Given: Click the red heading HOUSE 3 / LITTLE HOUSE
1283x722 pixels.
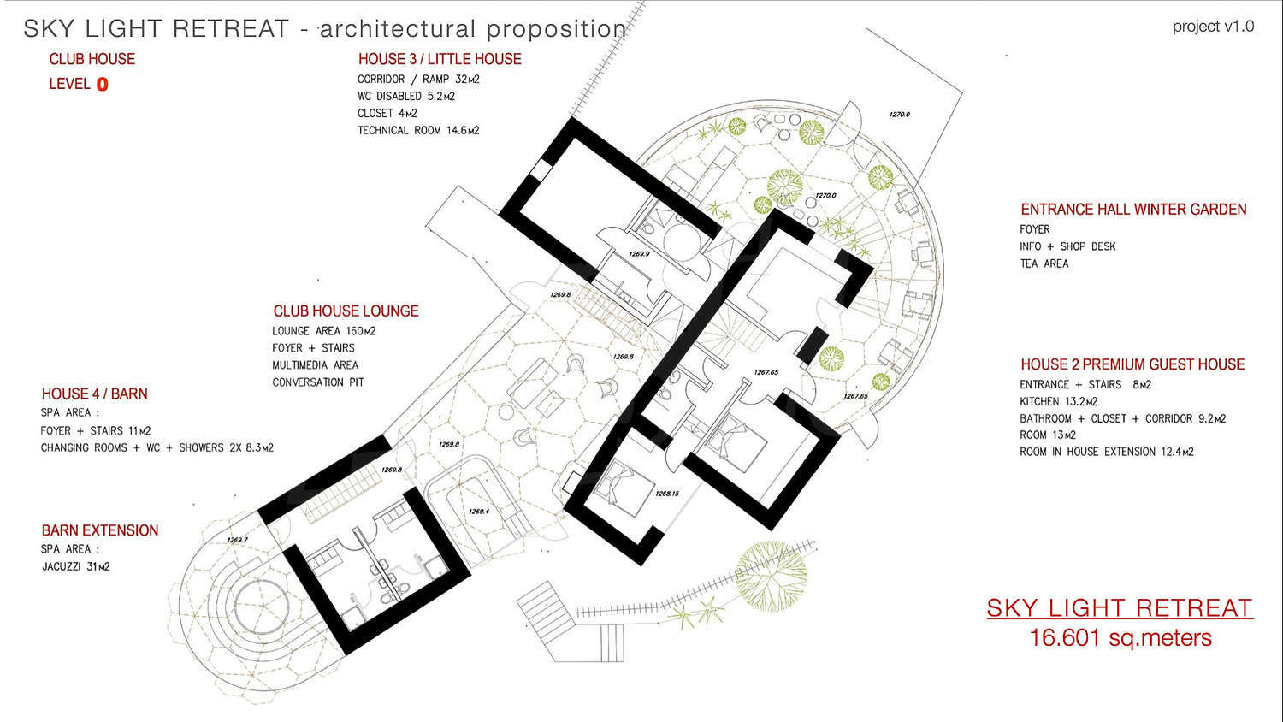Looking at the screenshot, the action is click(440, 59).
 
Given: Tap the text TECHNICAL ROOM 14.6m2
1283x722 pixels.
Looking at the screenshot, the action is click(418, 131).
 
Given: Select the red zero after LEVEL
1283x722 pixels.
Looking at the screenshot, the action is click(102, 84).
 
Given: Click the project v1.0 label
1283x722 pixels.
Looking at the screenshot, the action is click(1213, 27).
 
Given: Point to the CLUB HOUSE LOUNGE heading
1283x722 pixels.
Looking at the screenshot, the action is click(346, 311).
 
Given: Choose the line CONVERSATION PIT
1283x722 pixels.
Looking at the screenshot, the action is click(318, 382).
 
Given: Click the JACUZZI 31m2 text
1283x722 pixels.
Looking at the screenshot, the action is click(75, 566).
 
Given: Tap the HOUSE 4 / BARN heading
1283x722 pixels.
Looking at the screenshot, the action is click(94, 394).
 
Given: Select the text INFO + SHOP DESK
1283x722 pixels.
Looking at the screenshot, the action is click(1067, 246).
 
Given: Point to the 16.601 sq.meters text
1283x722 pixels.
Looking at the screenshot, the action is click(1120, 638).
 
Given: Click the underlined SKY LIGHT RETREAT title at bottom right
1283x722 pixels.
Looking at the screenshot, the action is click(1120, 608).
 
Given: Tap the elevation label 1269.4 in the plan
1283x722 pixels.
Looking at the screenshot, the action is click(479, 512).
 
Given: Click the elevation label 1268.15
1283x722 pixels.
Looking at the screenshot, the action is click(667, 494).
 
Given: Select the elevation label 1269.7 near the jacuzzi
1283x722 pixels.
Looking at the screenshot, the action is click(237, 540).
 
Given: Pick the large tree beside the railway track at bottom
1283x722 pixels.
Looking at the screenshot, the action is click(771, 577).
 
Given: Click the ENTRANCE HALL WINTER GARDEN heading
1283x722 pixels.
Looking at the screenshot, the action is click(1133, 210).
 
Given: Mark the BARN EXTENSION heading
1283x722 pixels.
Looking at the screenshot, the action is click(100, 530).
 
